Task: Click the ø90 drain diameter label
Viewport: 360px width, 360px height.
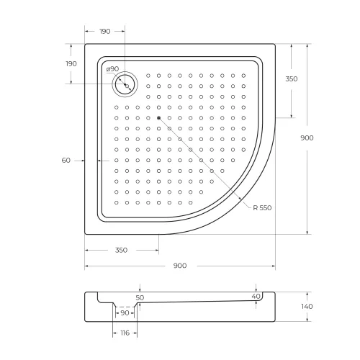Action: pos(112,69)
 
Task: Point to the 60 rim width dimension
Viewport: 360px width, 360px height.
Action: pos(66,160)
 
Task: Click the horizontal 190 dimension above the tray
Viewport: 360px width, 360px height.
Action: pos(104,32)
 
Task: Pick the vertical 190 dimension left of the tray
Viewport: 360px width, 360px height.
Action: pos(71,64)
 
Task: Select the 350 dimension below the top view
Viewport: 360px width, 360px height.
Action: pos(121,250)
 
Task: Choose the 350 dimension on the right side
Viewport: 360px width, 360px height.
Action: pos(291,79)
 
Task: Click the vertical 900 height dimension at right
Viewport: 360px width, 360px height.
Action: pos(307,139)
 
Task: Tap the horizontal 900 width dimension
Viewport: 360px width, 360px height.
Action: pos(180,266)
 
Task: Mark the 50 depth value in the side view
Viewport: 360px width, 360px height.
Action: pos(140,297)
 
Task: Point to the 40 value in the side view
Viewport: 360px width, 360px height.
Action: pos(256,296)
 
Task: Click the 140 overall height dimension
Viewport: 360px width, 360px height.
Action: pos(307,306)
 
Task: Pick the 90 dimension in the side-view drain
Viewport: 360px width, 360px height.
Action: pos(125,312)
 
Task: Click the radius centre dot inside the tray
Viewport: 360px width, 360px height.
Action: pos(158,117)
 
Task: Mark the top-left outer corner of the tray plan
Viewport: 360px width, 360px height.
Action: pos(85,43)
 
